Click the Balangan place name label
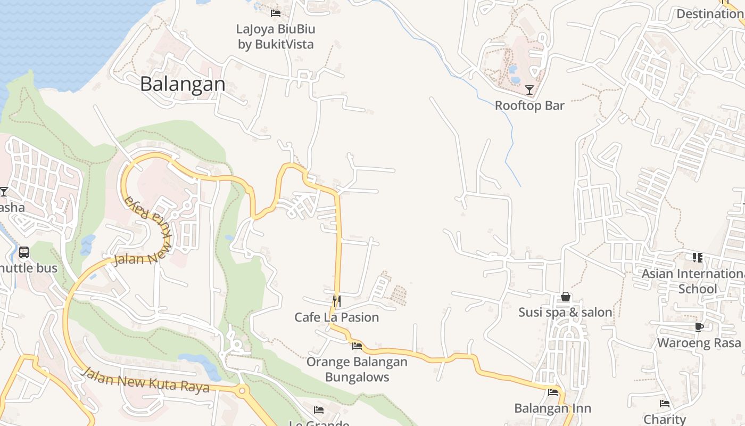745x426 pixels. point(183,84)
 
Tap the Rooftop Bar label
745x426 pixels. point(529,105)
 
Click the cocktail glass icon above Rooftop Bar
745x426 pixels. point(529,89)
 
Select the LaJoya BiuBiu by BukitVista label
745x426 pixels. point(276,36)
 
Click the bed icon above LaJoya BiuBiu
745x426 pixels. point(275,13)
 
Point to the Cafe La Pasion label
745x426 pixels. point(337,317)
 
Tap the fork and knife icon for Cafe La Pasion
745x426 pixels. point(336,301)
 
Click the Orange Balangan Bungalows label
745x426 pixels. point(357,370)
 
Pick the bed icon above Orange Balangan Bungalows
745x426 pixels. point(357,346)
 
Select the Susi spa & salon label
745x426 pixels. point(565,312)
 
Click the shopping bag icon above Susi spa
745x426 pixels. point(566,297)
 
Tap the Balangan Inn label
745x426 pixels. point(553,408)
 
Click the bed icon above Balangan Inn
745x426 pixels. point(553,393)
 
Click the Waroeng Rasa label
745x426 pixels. point(699,342)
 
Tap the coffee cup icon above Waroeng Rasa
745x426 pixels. point(699,327)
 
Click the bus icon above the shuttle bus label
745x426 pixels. point(24,252)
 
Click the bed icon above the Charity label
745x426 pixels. point(665,404)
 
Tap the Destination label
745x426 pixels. point(710,14)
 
